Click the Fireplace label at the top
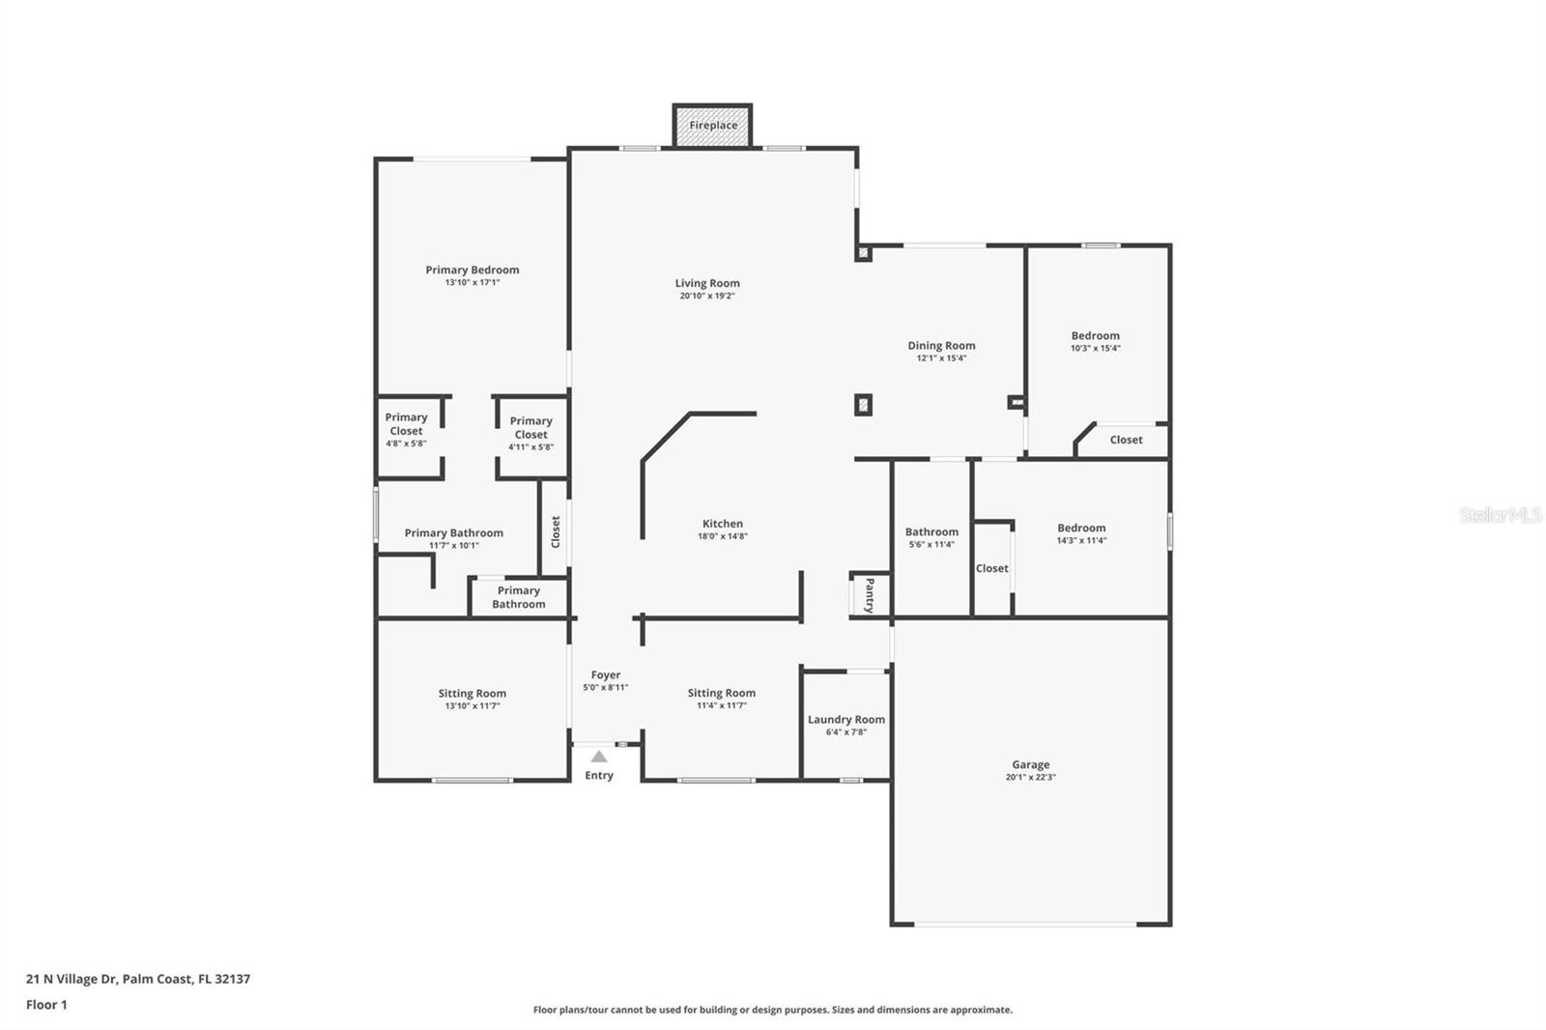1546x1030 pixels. pos(713,125)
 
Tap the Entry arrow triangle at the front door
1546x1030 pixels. pos(599,757)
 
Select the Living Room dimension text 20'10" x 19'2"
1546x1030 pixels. pos(706,296)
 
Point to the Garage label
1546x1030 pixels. pos(1030,764)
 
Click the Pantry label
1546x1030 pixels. pos(870,595)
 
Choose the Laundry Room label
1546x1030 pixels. pos(846,719)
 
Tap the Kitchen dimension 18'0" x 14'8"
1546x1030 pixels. pos(723,535)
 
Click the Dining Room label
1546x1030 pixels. pos(941,345)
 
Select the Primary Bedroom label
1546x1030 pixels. pos(472,270)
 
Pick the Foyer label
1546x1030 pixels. pos(605,675)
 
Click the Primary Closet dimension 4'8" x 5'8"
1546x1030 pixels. pos(406,443)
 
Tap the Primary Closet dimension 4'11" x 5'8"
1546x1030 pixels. pos(530,446)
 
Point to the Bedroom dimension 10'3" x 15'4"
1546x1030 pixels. pos(1096,348)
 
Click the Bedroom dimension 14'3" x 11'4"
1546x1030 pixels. pos(1081,540)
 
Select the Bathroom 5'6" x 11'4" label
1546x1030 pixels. pos(931,531)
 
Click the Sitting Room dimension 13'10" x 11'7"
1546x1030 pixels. pos(472,705)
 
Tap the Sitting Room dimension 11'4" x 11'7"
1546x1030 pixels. pos(721,704)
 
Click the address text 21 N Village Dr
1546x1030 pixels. pos(72,978)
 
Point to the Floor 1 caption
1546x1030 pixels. pos(47,1005)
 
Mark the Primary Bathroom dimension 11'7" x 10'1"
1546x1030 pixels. pos(453,545)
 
